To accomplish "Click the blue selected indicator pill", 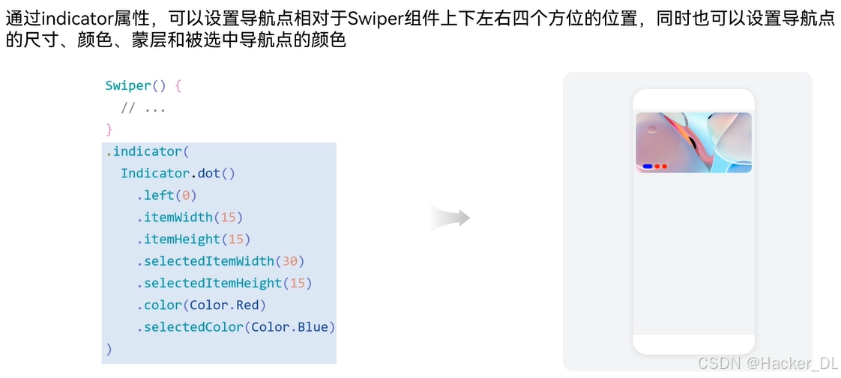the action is point(648,166).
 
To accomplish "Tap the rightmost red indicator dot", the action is point(664,166).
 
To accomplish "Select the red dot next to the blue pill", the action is point(657,166).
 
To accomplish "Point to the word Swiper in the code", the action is point(128,85).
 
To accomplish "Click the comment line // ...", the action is point(142,108).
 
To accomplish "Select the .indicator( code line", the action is point(143,151).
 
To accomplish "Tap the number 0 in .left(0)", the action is point(186,195).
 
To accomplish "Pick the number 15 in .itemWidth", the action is point(228,217).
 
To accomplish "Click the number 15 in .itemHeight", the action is point(235,240).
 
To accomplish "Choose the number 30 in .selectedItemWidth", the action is point(289,261).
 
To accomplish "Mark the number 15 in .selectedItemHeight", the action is point(297,283).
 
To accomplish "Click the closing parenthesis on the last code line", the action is point(109,349).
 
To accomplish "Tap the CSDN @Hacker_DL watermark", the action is point(768,364).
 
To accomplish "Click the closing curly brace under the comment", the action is point(109,129).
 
